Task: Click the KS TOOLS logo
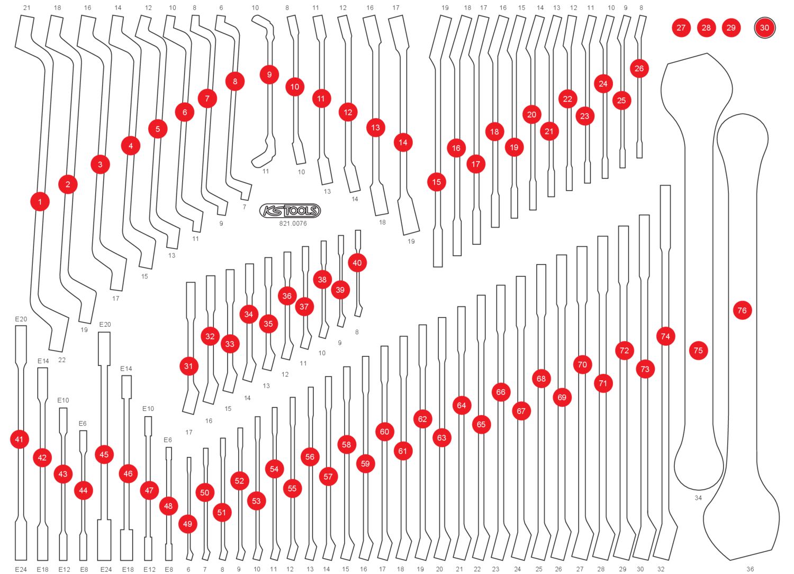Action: click(x=290, y=211)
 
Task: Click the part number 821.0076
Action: click(x=293, y=223)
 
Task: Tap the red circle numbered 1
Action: click(x=40, y=202)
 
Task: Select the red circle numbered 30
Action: click(x=764, y=28)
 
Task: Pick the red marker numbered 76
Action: click(x=742, y=311)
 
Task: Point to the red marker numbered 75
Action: click(x=698, y=351)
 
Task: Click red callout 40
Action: click(x=357, y=263)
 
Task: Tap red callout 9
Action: click(x=269, y=75)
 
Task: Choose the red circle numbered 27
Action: click(x=681, y=28)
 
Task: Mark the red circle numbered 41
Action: click(x=20, y=440)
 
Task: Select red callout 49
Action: click(x=187, y=524)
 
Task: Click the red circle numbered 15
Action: click(x=436, y=182)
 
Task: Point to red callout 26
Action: click(x=639, y=68)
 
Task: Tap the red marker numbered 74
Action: click(x=665, y=336)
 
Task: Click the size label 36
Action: click(x=750, y=569)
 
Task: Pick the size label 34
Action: click(x=698, y=498)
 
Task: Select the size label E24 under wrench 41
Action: click(x=21, y=569)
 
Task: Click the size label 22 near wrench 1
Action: click(x=62, y=360)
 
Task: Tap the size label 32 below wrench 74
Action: click(x=661, y=569)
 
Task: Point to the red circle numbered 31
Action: click(x=188, y=366)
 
